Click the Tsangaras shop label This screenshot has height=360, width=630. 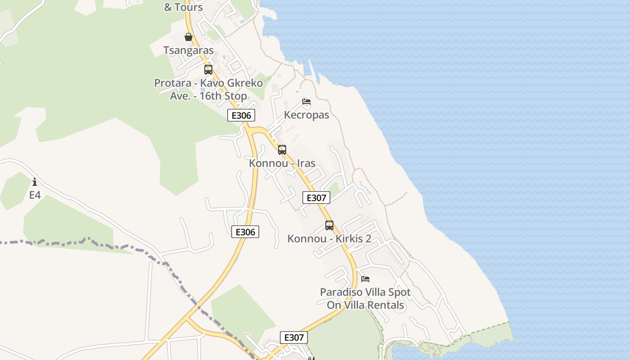tap(188, 50)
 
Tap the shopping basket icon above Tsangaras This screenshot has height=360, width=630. tap(189, 37)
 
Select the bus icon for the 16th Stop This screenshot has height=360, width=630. tap(208, 70)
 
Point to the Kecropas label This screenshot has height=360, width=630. tap(306, 115)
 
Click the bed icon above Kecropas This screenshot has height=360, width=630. tap(306, 102)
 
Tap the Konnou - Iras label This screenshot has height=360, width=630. tap(282, 163)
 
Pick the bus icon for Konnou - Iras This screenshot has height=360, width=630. tap(282, 150)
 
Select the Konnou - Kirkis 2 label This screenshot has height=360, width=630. tap(329, 238)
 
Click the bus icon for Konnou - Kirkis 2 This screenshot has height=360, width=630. tap(329, 225)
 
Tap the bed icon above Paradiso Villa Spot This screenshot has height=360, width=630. tap(365, 279)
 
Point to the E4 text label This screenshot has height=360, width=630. tap(35, 195)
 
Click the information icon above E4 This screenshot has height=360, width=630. tap(35, 182)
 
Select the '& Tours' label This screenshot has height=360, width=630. tap(183, 7)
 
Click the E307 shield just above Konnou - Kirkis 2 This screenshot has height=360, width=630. tap(316, 198)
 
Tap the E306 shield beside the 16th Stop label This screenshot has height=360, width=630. tap(241, 116)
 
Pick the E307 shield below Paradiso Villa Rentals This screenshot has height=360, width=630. tap(293, 337)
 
